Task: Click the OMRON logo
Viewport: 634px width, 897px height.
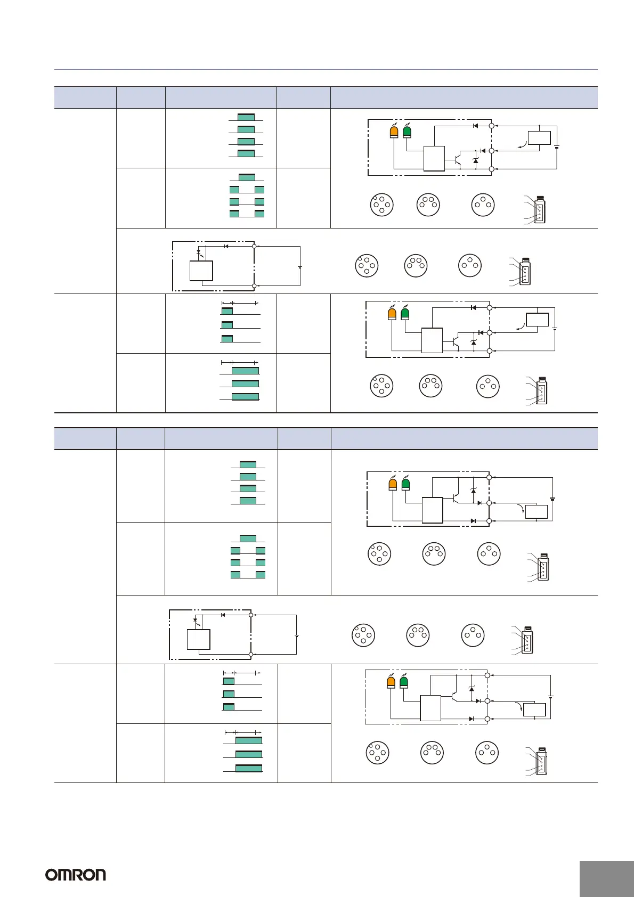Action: point(75,875)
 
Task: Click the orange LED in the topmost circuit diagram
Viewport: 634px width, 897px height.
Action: point(394,132)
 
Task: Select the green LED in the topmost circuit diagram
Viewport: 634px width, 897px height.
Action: point(408,132)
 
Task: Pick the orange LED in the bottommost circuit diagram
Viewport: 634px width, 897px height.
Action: point(391,682)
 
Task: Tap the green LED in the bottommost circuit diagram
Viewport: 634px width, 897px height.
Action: point(404,682)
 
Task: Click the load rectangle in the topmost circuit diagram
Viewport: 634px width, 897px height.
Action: point(539,137)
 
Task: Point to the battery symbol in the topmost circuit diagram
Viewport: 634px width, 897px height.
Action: point(557,148)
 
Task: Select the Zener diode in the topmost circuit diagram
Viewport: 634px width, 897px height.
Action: point(476,160)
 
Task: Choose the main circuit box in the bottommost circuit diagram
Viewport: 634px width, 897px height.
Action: point(430,708)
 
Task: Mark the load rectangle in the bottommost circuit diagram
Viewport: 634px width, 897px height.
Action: point(534,710)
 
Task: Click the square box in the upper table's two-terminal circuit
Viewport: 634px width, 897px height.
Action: point(201,271)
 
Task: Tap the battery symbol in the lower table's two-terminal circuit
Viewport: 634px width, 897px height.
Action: point(296,636)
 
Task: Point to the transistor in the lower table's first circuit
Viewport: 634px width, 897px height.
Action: point(456,498)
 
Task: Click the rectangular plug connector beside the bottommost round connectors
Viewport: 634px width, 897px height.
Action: point(541,762)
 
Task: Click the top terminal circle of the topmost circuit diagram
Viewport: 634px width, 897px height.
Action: point(492,126)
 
